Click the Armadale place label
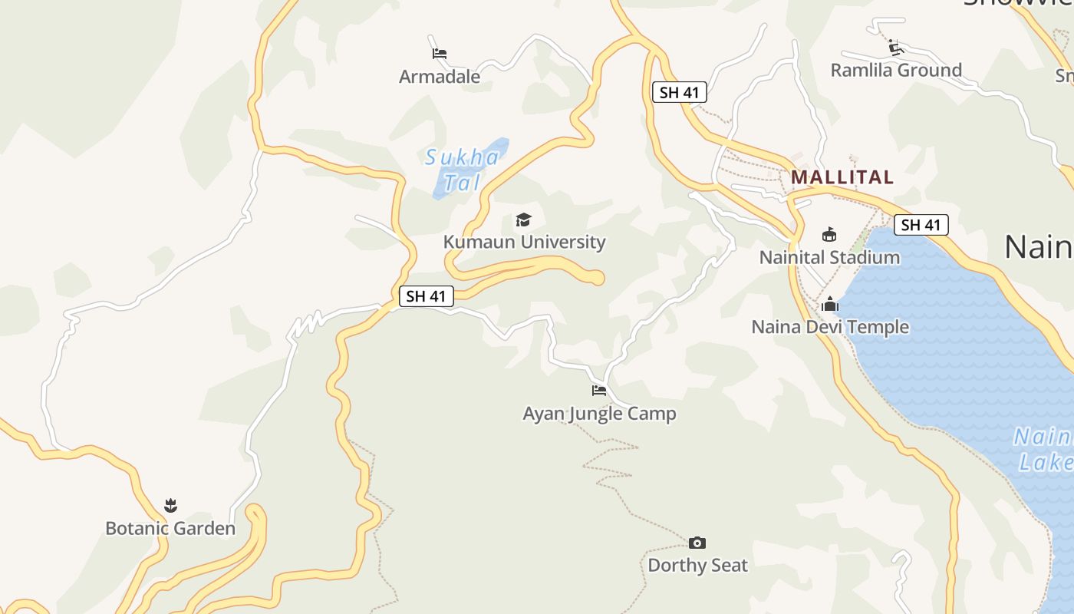click(x=440, y=77)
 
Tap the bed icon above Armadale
click(x=440, y=54)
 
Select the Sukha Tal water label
click(x=463, y=170)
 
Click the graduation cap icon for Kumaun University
click(x=524, y=220)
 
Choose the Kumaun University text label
click(x=525, y=242)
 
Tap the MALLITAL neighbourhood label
click(x=842, y=177)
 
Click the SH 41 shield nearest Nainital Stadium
click(x=921, y=225)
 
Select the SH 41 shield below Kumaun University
click(x=426, y=296)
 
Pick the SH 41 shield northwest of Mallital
click(x=679, y=93)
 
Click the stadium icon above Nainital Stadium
click(x=829, y=235)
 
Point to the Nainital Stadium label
click(x=829, y=257)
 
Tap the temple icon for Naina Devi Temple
click(x=830, y=305)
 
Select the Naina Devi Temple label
click(x=830, y=327)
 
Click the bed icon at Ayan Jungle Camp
click(x=599, y=391)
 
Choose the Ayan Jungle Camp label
click(x=599, y=414)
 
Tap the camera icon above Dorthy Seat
click(x=697, y=543)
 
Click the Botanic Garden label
click(x=170, y=529)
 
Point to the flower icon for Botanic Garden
click(x=170, y=505)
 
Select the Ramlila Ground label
click(x=896, y=71)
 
